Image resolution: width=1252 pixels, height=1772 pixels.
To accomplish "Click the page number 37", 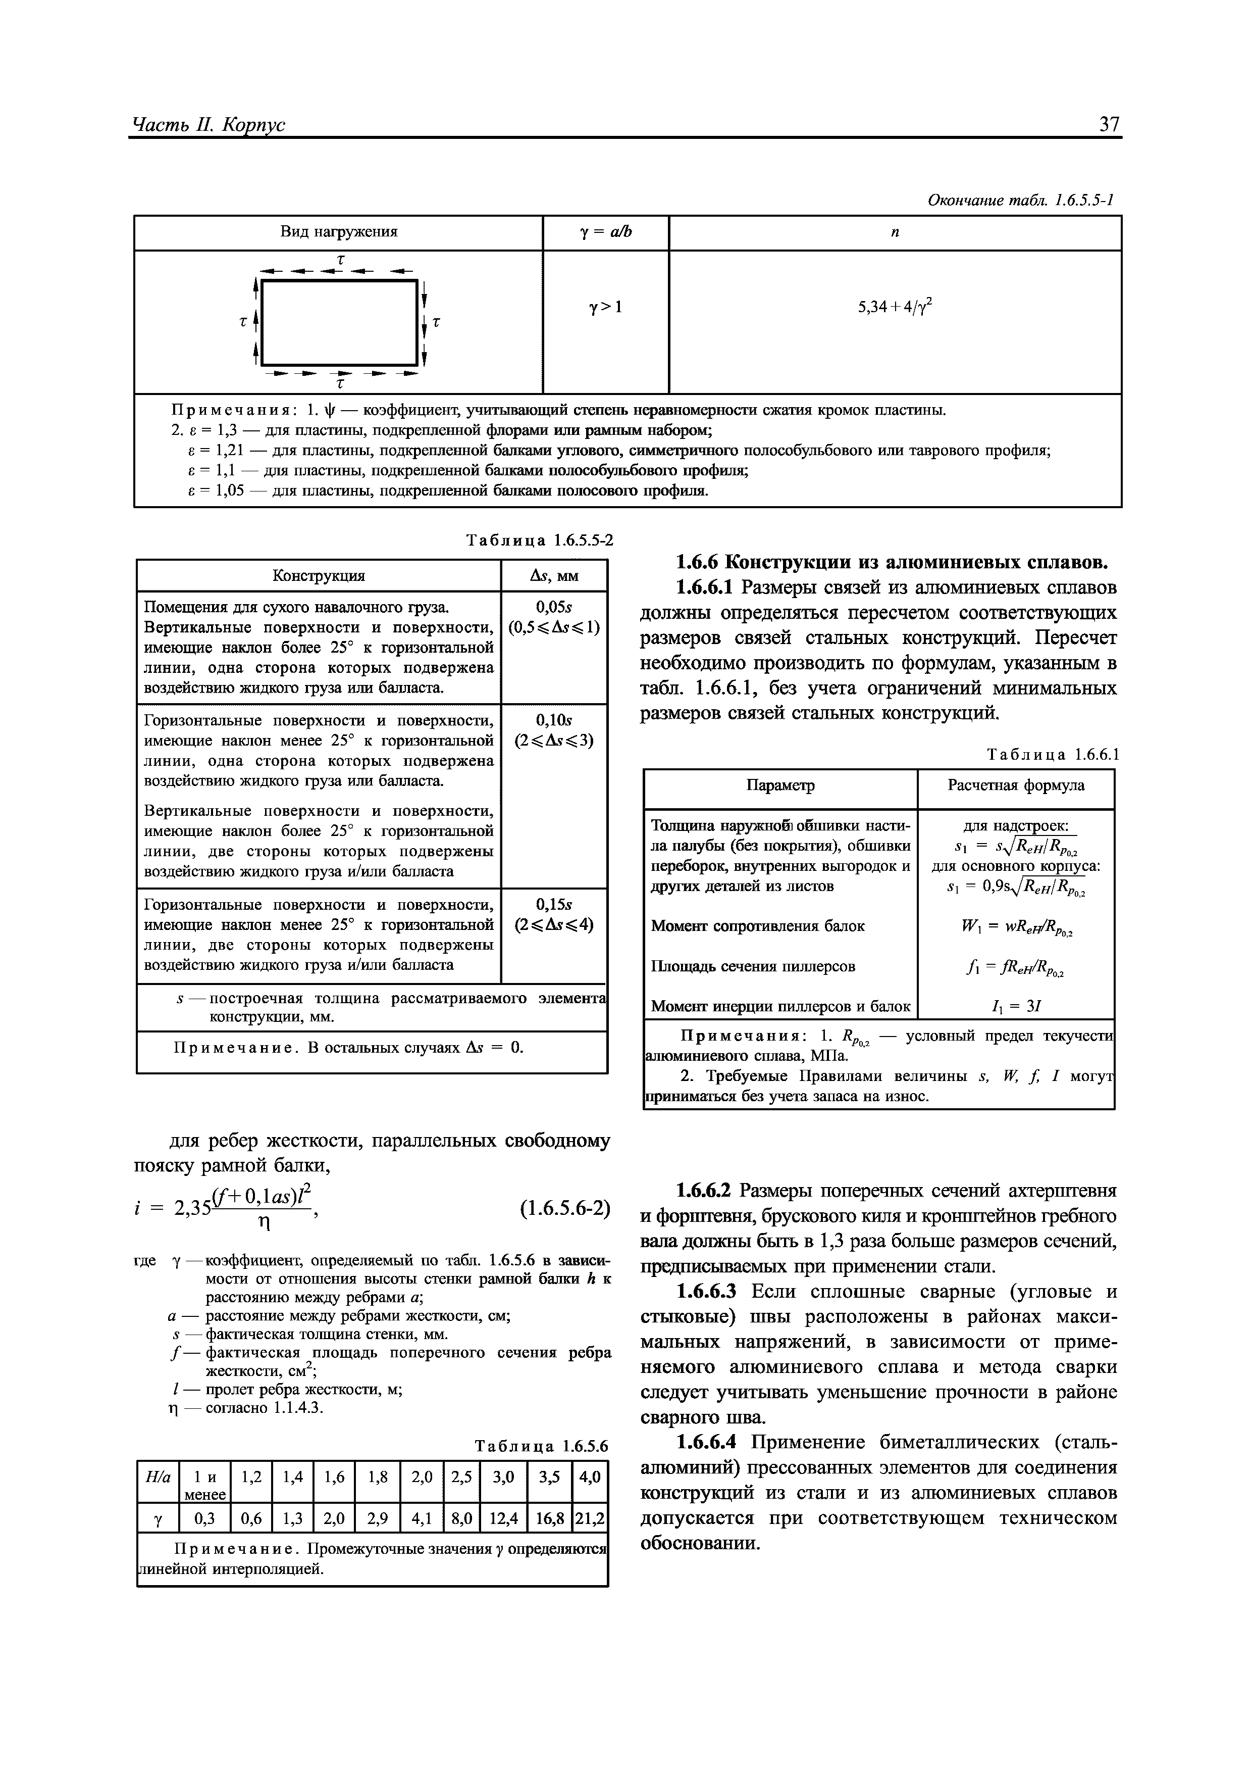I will click(x=1109, y=123).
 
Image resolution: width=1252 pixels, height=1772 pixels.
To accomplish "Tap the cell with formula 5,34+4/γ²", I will click(x=895, y=307).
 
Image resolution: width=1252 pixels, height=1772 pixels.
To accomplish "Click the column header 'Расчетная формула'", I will click(x=1015, y=785).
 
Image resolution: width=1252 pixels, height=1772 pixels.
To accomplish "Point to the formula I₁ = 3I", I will click(x=1015, y=1006).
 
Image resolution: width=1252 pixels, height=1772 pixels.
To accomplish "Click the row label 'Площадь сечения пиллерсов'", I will click(x=753, y=966).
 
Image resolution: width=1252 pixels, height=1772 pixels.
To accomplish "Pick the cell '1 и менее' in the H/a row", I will click(x=204, y=1485).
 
